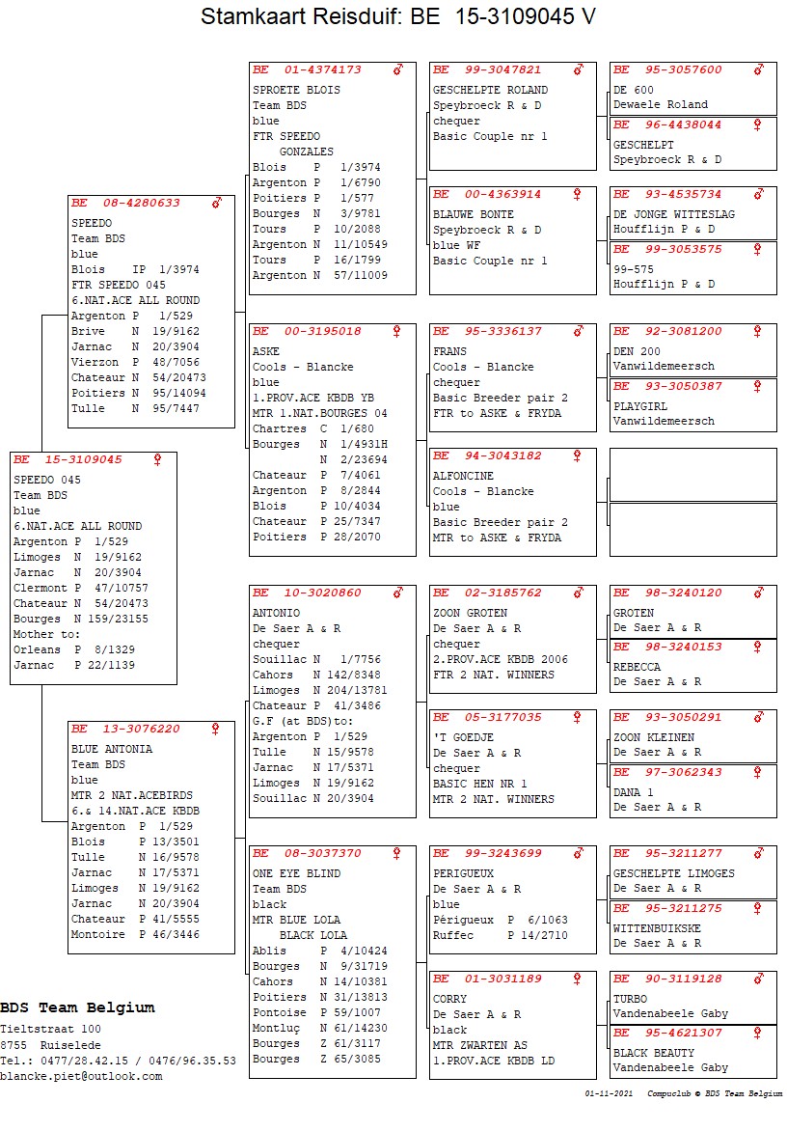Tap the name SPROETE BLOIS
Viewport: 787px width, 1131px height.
pyautogui.click(x=296, y=90)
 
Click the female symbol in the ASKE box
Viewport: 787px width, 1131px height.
pyautogui.click(x=396, y=331)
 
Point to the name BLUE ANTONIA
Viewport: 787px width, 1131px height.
pyautogui.click(x=111, y=749)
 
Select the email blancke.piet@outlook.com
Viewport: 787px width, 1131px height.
pyautogui.click(x=81, y=1076)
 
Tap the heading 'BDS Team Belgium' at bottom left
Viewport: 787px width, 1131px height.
pyautogui.click(x=77, y=1007)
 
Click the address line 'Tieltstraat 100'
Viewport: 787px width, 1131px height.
pyautogui.click(x=50, y=1030)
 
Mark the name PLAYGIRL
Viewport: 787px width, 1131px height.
pyautogui.click(x=640, y=406)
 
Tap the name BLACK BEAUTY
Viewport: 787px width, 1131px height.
pyautogui.click(x=653, y=1053)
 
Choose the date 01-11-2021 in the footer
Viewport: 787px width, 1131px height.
pyautogui.click(x=609, y=1093)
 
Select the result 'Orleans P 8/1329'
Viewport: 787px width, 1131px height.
pyautogui.click(x=73, y=649)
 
